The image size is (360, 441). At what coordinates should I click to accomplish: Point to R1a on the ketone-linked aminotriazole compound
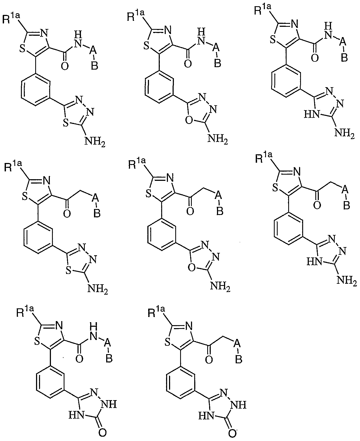(264, 158)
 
